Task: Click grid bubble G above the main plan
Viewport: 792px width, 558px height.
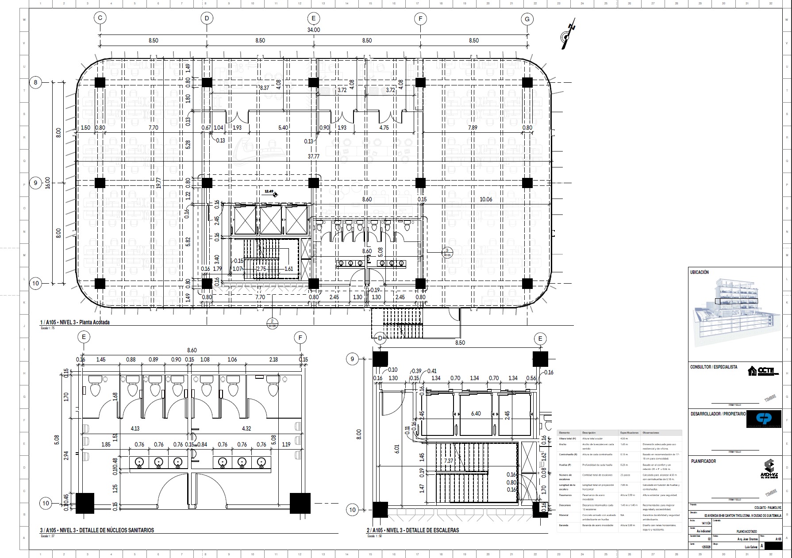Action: tap(527, 19)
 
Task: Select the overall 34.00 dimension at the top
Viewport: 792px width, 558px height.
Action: tap(313, 30)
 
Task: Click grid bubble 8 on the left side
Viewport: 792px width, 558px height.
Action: tap(36, 82)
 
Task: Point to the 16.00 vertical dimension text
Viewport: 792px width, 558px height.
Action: tap(48, 183)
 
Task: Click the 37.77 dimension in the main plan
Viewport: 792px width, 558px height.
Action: tap(313, 157)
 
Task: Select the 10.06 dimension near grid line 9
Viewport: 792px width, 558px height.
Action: tap(486, 200)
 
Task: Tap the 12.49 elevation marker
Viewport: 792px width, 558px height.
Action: tap(269, 192)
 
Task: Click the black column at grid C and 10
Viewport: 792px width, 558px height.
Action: tap(100, 284)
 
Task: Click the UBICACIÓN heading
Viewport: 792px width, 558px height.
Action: tap(700, 273)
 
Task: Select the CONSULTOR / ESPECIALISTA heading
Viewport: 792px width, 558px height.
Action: tap(714, 367)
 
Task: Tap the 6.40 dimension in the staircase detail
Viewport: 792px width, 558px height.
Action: tap(476, 414)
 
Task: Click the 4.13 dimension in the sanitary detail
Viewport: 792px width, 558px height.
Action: tap(135, 428)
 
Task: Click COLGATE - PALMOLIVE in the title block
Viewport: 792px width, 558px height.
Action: tap(768, 508)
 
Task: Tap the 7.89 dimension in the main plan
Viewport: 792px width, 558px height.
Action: tap(473, 128)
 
